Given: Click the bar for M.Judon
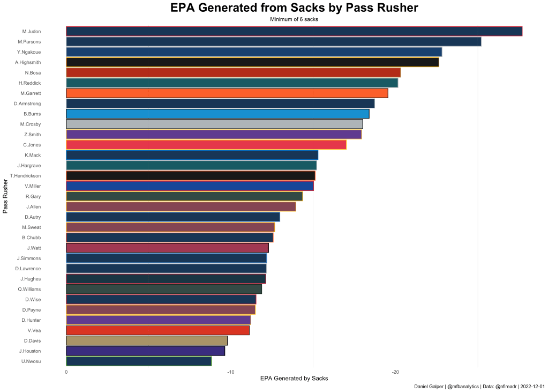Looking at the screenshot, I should click(294, 31).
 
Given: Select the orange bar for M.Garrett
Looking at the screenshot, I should click(227, 93).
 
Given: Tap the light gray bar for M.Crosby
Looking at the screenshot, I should click(214, 124).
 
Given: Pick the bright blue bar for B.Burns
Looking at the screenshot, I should click(217, 114).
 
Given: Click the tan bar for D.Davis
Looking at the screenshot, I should click(147, 341).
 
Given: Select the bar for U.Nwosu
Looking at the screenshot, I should click(139, 361).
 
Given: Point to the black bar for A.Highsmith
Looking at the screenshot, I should click(252, 62).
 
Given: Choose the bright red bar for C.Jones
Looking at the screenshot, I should click(206, 145).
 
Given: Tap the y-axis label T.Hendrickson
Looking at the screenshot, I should click(32, 176).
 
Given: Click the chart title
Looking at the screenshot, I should click(294, 8).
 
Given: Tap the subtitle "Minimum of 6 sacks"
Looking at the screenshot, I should click(294, 19).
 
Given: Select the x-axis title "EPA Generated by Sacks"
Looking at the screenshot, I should click(294, 379).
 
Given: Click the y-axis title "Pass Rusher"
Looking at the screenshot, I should click(5, 196).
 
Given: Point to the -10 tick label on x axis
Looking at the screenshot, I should click(230, 372).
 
